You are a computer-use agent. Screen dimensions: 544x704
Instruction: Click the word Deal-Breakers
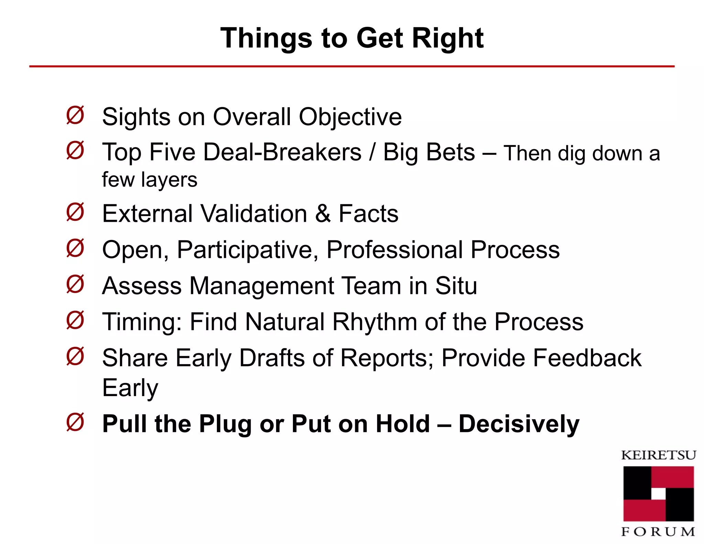tap(283, 152)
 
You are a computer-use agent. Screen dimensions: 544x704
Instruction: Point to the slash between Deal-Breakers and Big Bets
tap(372, 152)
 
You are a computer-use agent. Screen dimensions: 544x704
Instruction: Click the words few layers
tap(150, 180)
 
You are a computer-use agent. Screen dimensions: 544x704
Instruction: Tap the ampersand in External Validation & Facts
tap(322, 214)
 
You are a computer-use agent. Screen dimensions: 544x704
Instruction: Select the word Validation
tap(254, 214)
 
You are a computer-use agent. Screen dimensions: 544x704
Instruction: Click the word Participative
tap(247, 250)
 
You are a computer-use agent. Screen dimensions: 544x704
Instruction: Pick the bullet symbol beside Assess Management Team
tap(75, 284)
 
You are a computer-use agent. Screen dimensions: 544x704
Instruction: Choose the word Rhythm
tap(375, 322)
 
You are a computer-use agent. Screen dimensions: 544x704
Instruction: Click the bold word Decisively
tap(519, 424)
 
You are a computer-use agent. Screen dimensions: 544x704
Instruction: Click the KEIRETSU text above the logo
tap(658, 455)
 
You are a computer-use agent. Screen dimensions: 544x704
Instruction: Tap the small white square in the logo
tap(658, 494)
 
